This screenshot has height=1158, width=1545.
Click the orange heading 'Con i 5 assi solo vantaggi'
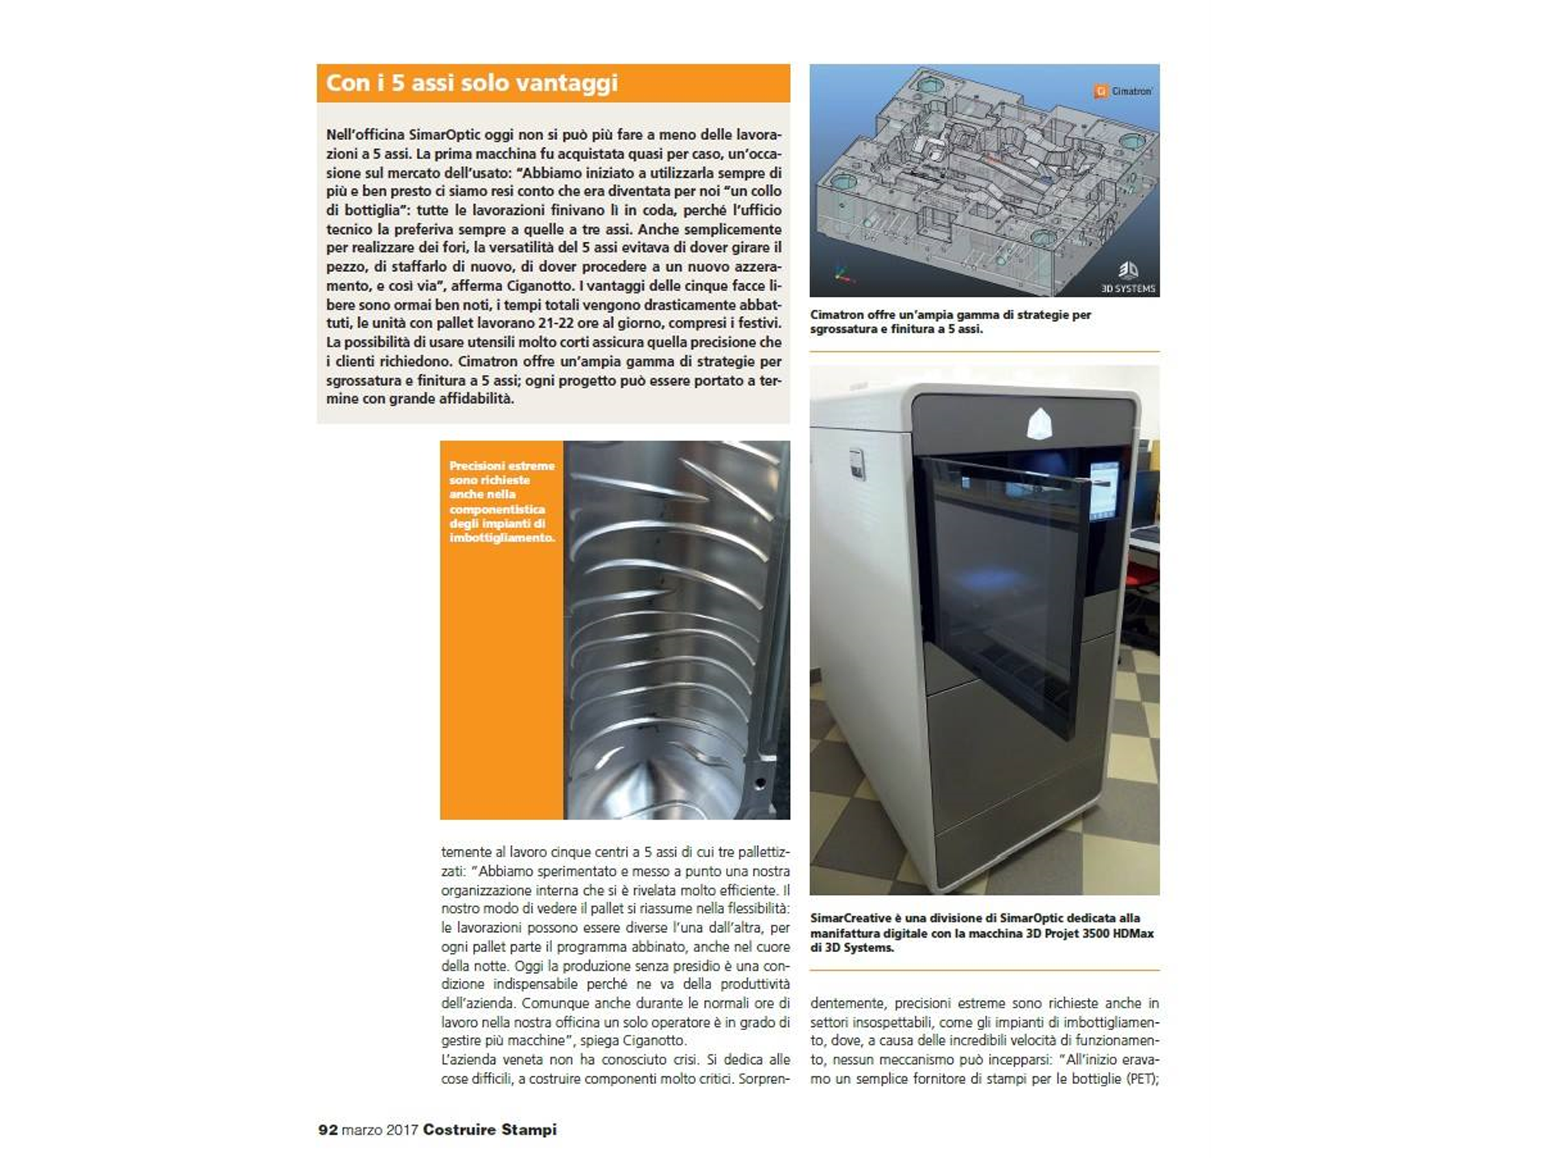pos(472,83)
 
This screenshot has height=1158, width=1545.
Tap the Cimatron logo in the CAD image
pos(1123,92)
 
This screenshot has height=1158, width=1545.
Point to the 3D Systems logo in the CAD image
pos(1128,277)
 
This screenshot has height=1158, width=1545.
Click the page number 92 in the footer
pos(328,1129)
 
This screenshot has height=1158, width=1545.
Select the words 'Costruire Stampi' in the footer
pos(489,1129)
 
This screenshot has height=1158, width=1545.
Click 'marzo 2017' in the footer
pos(380,1129)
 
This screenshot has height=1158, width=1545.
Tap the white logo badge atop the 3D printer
pos(1040,423)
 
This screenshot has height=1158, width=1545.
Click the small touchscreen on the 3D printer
pos(1103,491)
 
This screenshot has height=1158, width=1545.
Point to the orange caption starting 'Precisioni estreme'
pos(501,501)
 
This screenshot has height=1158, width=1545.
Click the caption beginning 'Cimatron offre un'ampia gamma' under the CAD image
pos(950,322)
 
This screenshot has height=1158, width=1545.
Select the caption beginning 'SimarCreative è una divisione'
pos(982,933)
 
